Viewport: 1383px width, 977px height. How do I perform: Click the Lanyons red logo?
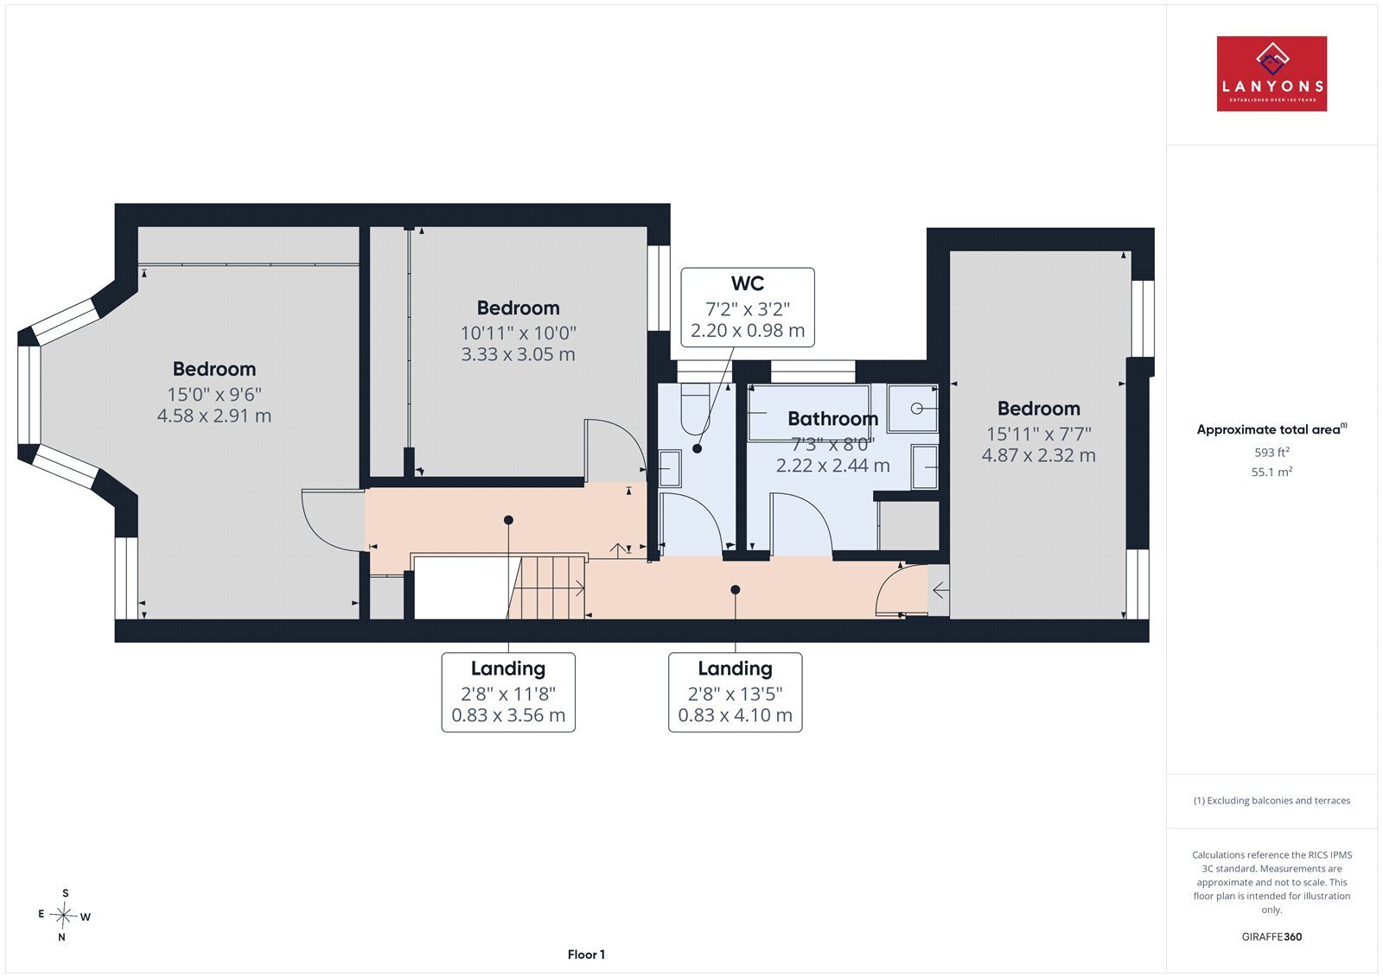(1271, 73)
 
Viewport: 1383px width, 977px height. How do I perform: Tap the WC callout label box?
(747, 308)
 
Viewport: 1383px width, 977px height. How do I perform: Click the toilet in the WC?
(695, 408)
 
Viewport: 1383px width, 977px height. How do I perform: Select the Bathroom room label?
(833, 418)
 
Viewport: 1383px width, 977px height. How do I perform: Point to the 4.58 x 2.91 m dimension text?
(214, 416)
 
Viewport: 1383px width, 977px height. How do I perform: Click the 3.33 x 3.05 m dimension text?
(518, 354)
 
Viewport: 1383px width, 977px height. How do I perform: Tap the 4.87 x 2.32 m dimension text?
(1038, 455)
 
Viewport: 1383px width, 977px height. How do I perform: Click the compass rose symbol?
(63, 915)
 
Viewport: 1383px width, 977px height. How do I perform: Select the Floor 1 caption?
(586, 955)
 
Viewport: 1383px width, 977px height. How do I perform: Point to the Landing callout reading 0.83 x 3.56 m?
(508, 693)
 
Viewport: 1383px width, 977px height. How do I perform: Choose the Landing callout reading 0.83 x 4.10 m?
(735, 693)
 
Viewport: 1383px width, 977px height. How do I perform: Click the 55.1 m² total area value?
(1271, 472)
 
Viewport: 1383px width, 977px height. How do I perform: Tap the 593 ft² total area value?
(1271, 452)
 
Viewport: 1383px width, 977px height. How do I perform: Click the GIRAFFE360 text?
(1271, 936)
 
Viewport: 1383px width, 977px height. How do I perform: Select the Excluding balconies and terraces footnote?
(1271, 801)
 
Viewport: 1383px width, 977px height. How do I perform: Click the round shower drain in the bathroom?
(916, 409)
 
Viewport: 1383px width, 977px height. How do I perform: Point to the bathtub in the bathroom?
(809, 412)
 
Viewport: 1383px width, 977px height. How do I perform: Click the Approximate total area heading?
(1271, 429)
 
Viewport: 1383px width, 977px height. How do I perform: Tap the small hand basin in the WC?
(670, 468)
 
